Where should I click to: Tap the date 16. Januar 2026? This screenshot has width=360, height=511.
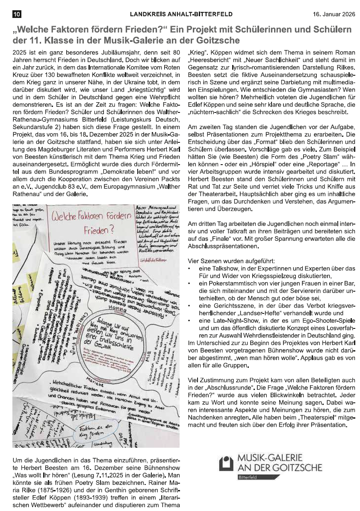pyautogui.click(x=333, y=14)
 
